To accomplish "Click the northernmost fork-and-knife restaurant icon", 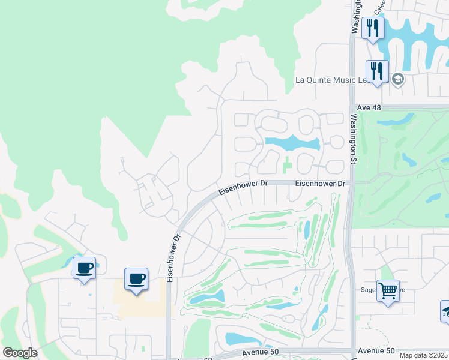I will [373, 28].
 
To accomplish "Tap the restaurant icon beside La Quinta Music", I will [377, 71].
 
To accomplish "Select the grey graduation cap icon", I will [397, 79].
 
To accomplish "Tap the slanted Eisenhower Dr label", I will [241, 188].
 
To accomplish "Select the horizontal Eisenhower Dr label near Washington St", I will [321, 183].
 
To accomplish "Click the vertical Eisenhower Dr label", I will [172, 259].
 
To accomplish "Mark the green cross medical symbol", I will [287, 163].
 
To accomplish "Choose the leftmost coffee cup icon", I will [84, 268].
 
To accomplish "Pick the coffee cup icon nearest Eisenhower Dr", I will [136, 279].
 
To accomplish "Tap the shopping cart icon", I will [388, 291].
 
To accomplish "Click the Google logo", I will [20, 353].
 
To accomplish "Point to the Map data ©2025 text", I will [423, 355].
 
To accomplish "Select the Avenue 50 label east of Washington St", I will [376, 350].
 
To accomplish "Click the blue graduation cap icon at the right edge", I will [445, 311].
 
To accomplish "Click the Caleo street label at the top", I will [379, 7].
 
